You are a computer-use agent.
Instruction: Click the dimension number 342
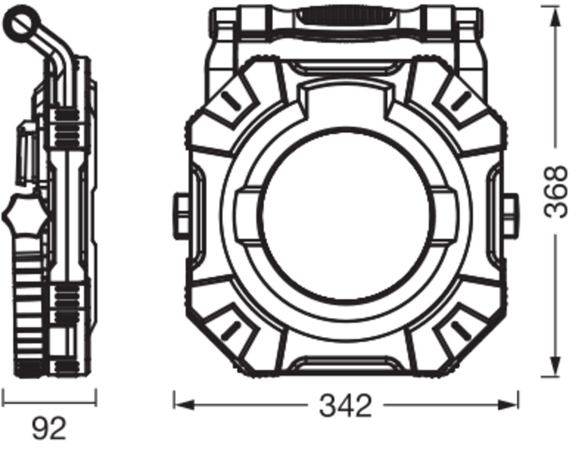pyautogui.click(x=345, y=406)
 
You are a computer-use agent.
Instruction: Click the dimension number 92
pyautogui.click(x=49, y=429)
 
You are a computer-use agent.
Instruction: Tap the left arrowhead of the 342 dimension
pyautogui.click(x=184, y=404)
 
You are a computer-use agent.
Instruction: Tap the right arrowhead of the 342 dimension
pyautogui.click(x=507, y=404)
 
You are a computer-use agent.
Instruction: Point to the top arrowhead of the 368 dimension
pyautogui.click(x=555, y=17)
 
